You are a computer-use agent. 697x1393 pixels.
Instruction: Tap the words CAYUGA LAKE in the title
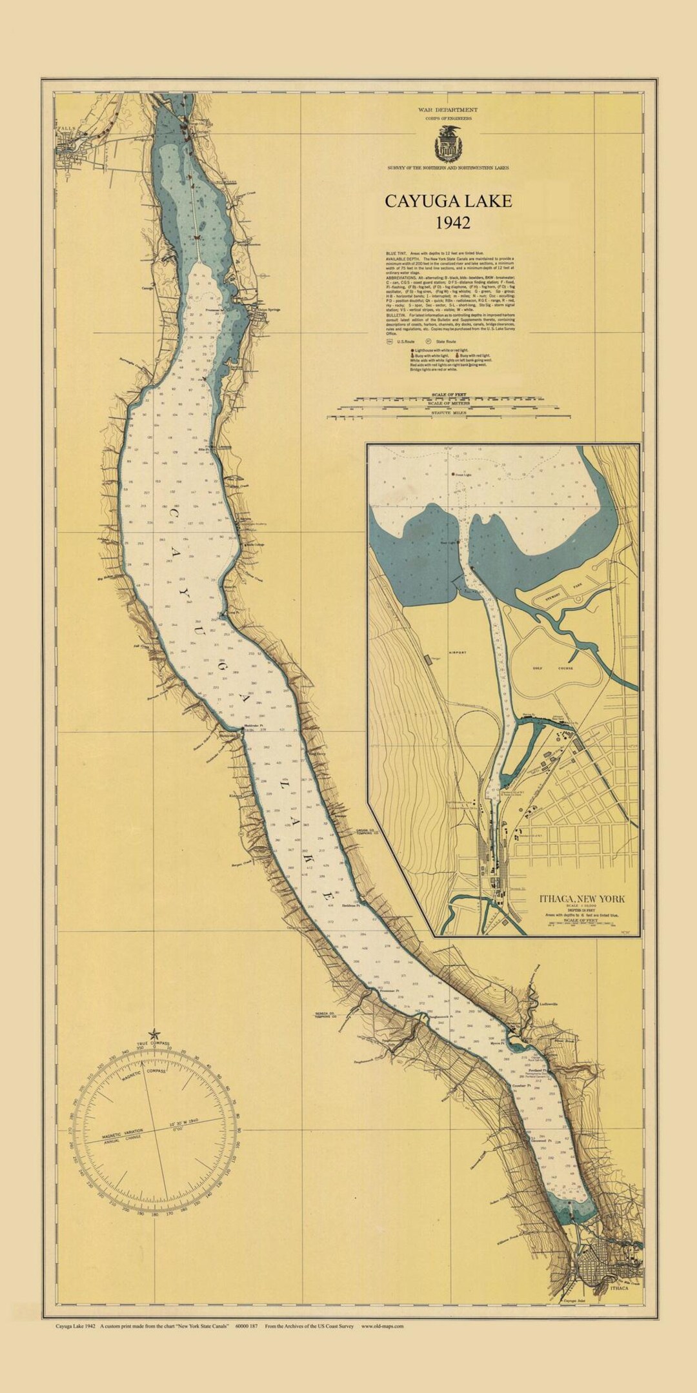pos(449,201)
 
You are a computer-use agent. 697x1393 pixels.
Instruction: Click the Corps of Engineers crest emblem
pos(448,144)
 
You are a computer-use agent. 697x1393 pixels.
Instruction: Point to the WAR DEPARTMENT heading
pos(448,110)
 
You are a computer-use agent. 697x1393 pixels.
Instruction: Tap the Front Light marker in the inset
pos(461,475)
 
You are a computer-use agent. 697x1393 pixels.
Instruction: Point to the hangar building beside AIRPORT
pos(429,660)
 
